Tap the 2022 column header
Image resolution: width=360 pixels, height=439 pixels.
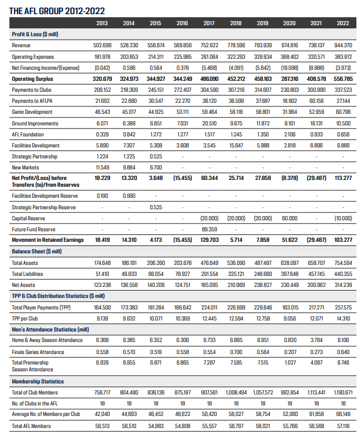pos(343,23)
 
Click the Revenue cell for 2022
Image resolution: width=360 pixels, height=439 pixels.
pos(343,45)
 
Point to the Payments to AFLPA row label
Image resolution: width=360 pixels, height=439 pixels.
pos(31,101)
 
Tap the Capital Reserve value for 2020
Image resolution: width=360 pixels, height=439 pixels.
pos(289,218)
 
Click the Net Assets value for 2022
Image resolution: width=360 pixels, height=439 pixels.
pos(343,285)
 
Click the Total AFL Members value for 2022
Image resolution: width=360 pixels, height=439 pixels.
pos(343,426)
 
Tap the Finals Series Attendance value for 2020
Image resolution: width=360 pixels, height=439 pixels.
pos(289,351)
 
